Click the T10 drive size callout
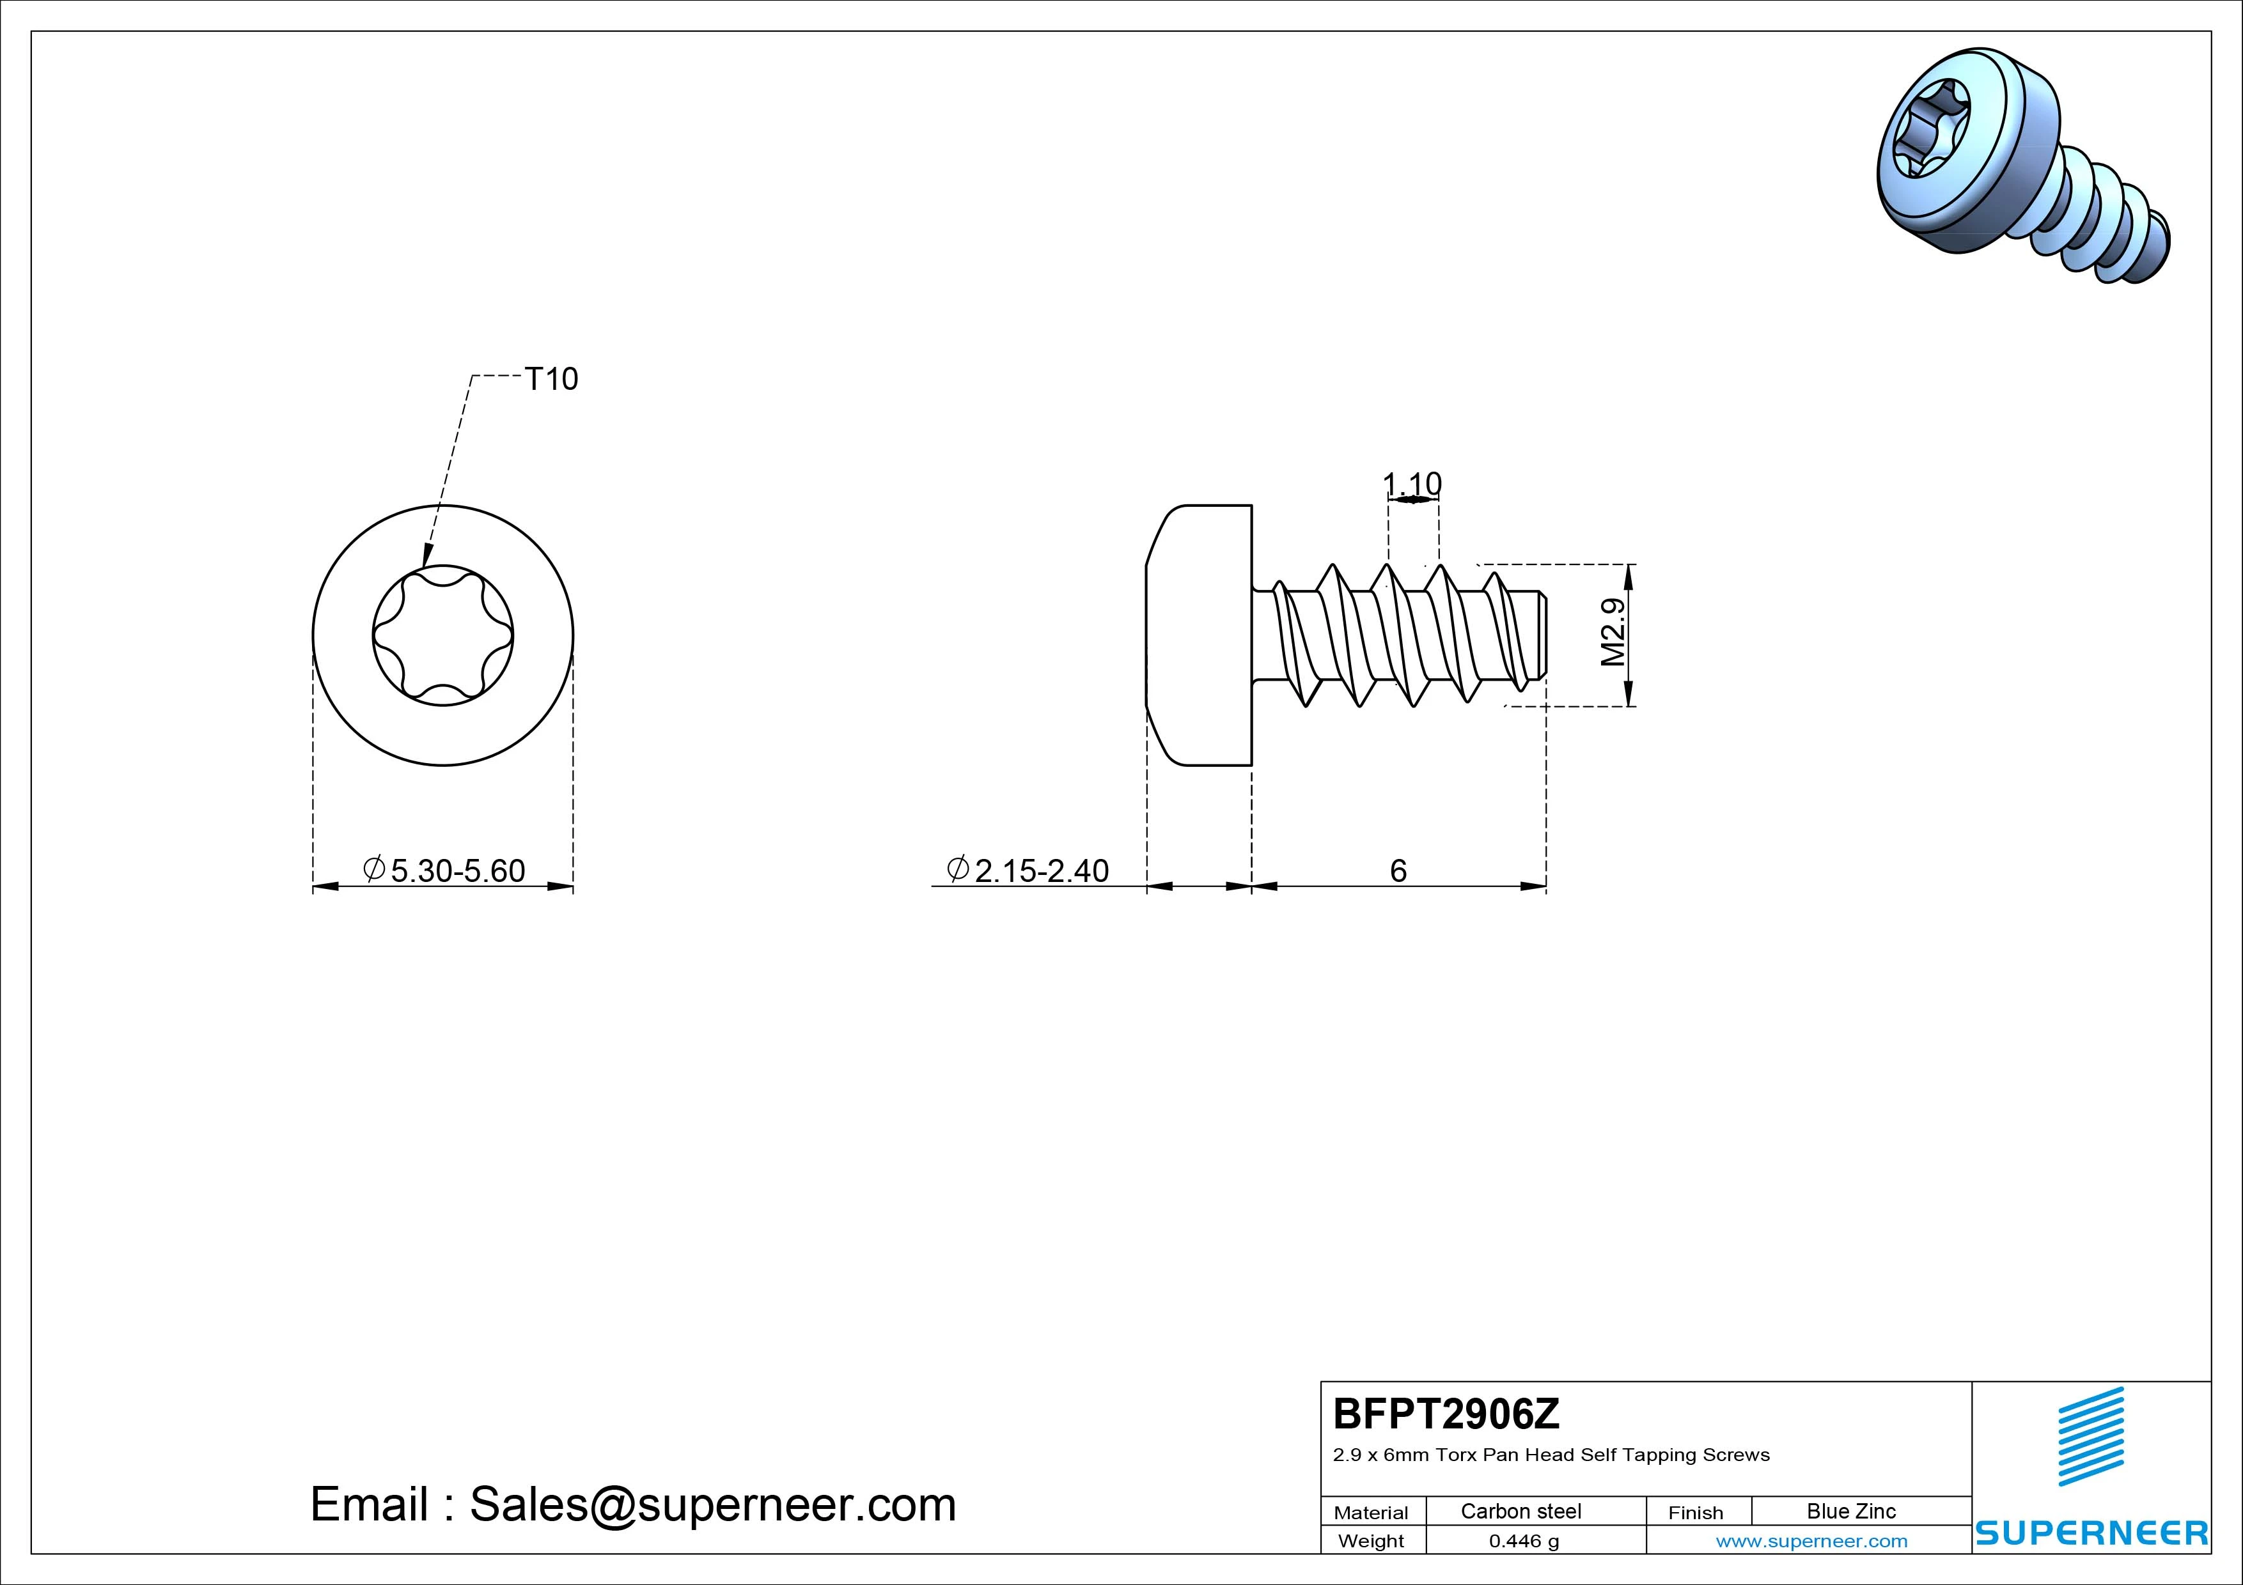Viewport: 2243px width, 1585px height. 551,379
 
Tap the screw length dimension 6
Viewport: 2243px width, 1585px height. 1398,870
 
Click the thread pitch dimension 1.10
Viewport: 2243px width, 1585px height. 1412,483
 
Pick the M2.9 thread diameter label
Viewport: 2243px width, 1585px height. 1614,632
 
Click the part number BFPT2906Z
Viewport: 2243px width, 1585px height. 1447,1413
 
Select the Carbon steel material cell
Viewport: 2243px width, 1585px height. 1521,1511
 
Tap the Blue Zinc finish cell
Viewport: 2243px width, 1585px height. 1851,1511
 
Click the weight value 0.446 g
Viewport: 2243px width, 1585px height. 1524,1541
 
